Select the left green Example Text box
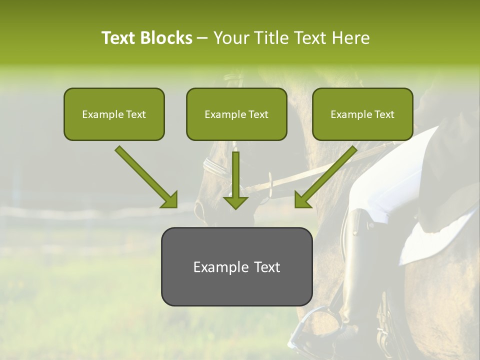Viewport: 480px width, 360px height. point(114,114)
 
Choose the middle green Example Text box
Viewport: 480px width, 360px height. point(236,114)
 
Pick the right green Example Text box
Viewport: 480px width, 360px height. point(362,114)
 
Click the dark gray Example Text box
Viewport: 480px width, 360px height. point(236,267)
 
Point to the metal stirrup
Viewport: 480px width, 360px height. point(305,325)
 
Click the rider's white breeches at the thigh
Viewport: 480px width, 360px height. point(385,195)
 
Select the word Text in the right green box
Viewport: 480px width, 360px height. point(384,114)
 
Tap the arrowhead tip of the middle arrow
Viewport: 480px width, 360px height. point(235,208)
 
